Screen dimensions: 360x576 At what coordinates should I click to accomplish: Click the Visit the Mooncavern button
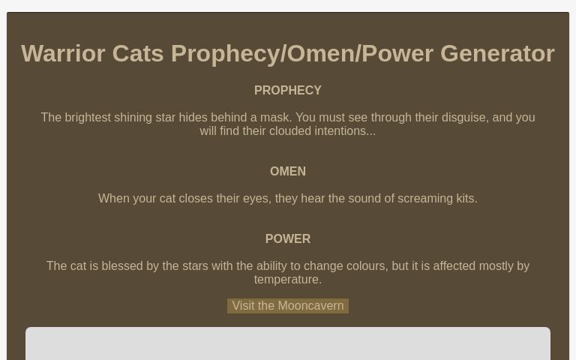288,306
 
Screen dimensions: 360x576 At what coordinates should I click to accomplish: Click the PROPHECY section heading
288,90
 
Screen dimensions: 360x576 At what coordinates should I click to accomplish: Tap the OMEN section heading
288,171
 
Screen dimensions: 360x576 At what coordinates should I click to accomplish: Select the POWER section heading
288,238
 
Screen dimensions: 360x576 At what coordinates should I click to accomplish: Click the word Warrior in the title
63,53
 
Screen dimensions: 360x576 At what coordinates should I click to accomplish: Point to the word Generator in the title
497,53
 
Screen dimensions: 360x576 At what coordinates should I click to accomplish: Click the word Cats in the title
138,53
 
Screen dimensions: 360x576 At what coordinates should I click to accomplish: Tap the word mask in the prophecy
273,117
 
